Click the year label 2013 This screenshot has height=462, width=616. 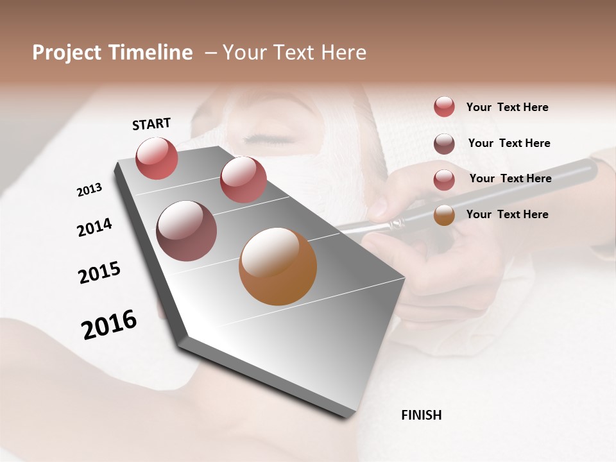coord(89,189)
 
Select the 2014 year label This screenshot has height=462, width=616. coord(94,228)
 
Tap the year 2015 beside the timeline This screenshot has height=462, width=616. coord(99,273)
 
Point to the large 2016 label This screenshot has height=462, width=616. coord(109,324)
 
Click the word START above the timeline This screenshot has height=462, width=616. coord(151,124)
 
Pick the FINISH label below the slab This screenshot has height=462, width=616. coord(422,415)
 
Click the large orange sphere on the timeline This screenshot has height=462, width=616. coord(278,266)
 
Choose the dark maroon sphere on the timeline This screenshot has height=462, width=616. coord(186,231)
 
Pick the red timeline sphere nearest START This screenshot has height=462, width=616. coord(157,158)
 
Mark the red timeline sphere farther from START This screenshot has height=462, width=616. coord(243,180)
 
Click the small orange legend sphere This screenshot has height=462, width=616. coord(444,215)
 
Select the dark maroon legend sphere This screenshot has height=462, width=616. coord(444,144)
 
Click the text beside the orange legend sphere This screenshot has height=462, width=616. coord(507,214)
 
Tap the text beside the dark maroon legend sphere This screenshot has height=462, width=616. coord(509,143)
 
